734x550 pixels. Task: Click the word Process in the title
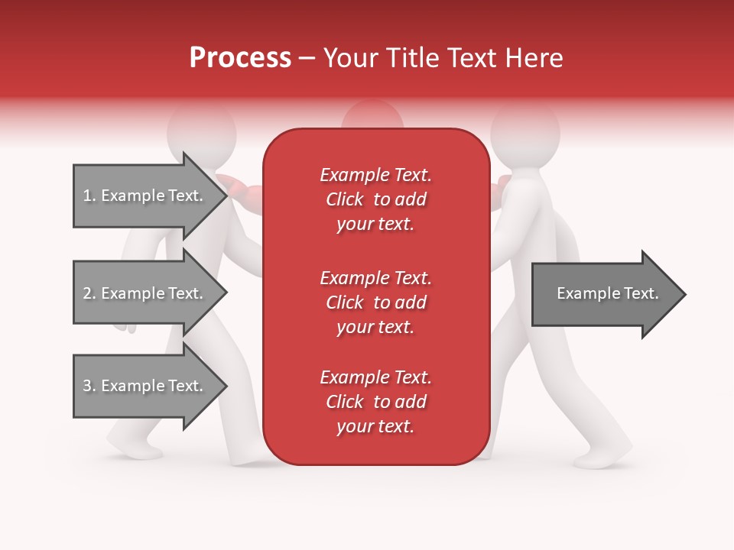(x=240, y=58)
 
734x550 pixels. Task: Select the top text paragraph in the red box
(x=375, y=199)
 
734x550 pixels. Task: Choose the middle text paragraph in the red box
(x=375, y=302)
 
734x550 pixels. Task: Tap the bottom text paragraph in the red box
(x=375, y=402)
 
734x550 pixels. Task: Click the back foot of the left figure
(x=133, y=446)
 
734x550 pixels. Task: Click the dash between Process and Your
(x=307, y=59)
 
